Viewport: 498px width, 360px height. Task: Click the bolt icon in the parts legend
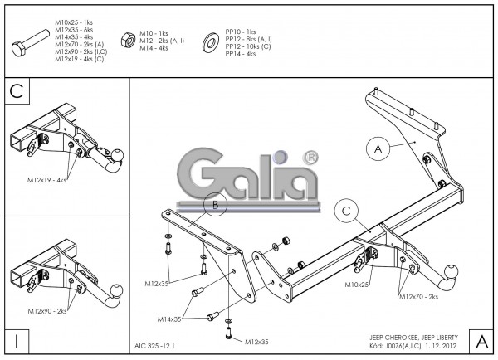(x=31, y=42)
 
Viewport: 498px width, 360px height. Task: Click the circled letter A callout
(x=378, y=148)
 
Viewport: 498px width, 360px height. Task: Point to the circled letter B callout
(x=215, y=204)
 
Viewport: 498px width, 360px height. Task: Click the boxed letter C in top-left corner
(x=17, y=91)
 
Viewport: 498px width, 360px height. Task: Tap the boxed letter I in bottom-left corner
(x=17, y=339)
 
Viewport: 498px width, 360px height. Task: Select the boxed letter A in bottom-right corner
(x=481, y=339)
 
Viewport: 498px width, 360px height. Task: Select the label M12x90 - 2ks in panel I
(x=46, y=310)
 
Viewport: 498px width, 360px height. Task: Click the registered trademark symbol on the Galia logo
(x=310, y=157)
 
